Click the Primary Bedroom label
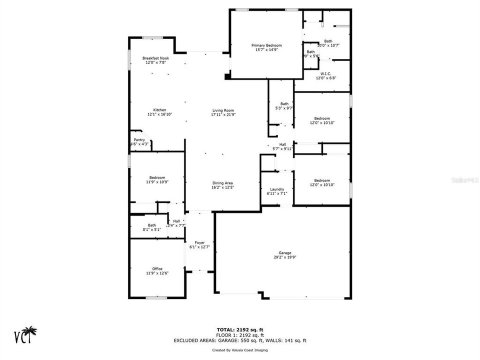[266, 45]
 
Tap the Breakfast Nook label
[155, 58]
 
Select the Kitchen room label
[159, 110]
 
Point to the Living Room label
[223, 110]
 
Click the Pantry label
[139, 140]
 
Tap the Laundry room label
[275, 189]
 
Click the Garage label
[285, 253]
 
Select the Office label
[157, 268]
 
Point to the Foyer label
[199, 242]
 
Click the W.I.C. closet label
[326, 73]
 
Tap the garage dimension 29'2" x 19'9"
[285, 257]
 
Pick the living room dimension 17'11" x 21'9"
[223, 114]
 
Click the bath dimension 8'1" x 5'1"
[151, 229]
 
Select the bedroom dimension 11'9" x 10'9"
[157, 181]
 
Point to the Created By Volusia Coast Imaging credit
[240, 350]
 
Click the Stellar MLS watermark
[464, 177]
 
